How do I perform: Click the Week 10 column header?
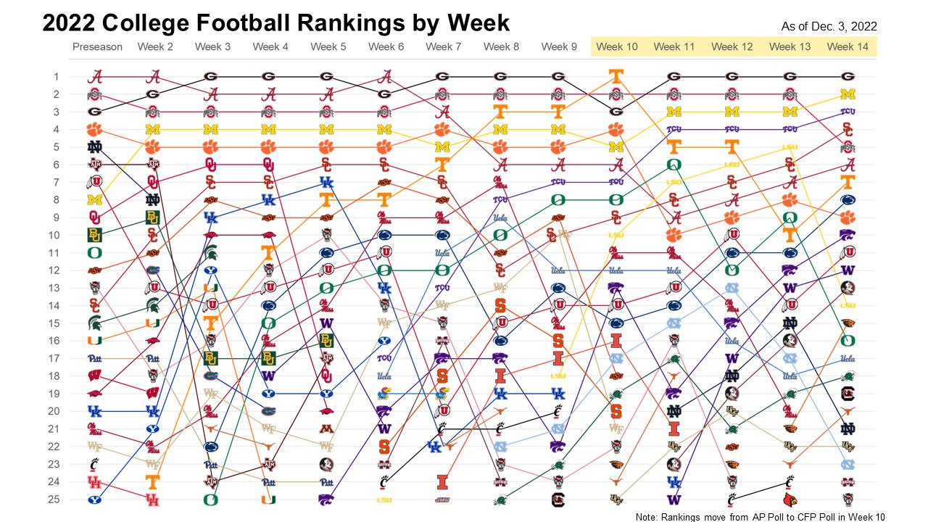coord(616,47)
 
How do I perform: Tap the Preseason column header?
coord(97,47)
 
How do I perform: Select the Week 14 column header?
coord(847,47)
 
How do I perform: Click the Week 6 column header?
coord(386,47)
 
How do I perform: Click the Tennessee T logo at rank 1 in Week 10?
coord(616,76)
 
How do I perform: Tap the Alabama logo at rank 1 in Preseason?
coord(95,76)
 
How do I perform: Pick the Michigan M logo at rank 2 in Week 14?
coord(848,94)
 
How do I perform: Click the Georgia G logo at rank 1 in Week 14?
coord(848,76)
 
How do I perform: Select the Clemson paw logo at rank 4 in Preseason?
coord(95,130)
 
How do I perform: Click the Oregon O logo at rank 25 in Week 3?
coord(210,500)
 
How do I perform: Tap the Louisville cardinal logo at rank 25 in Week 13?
coord(790,500)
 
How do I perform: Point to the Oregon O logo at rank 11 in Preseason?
coord(95,253)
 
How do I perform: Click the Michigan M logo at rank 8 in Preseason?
coord(95,200)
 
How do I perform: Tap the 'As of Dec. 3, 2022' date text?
coord(829,26)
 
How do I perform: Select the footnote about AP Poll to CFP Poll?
coord(761,517)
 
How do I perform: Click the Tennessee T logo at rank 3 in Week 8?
coord(500,112)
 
